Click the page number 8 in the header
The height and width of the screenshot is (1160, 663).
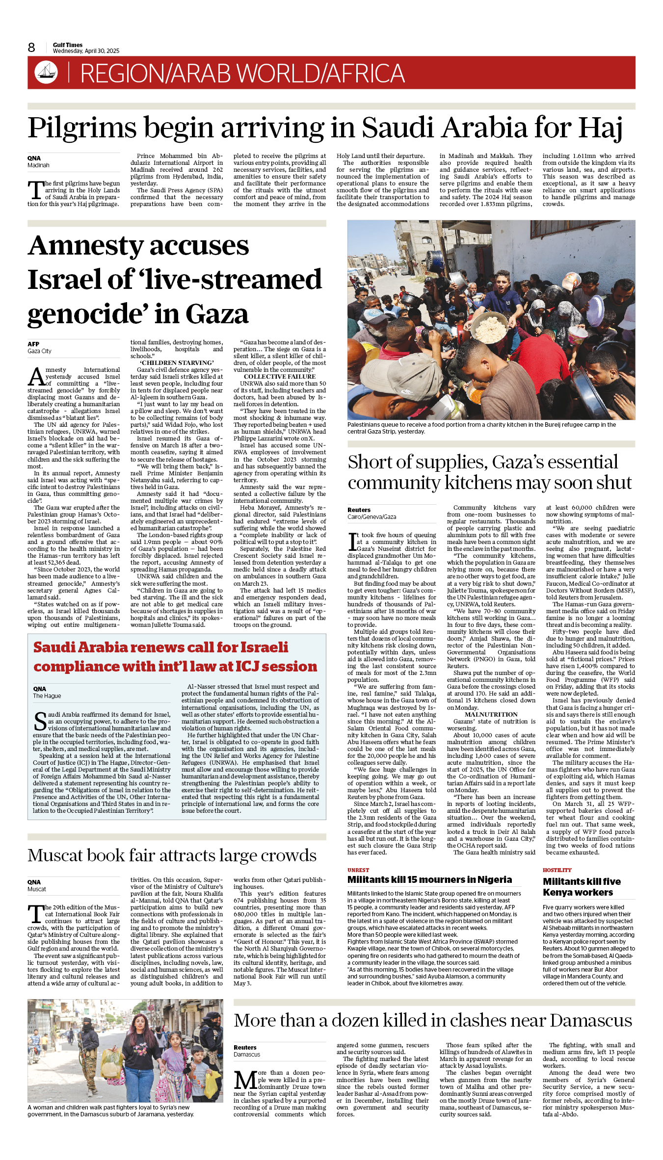[31, 48]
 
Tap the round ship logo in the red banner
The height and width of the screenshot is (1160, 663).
[46, 73]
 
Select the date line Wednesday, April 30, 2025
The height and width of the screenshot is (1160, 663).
[86, 51]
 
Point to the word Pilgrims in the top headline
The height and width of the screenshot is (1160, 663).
[82, 128]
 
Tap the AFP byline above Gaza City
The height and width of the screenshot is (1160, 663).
[33, 344]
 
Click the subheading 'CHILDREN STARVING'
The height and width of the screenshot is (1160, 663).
[177, 363]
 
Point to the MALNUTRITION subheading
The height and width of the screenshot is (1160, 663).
[491, 715]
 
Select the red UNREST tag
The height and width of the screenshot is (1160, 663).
[358, 870]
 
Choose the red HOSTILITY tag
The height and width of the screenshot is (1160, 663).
[557, 870]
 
